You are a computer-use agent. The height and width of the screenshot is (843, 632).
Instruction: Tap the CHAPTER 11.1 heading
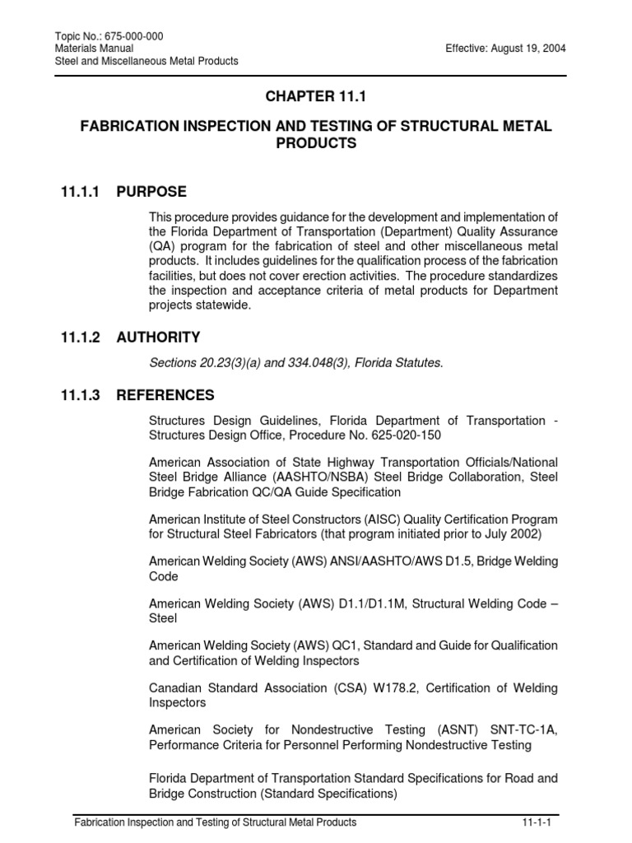pos(314,97)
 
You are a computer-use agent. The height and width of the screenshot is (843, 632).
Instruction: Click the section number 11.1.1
pos(80,192)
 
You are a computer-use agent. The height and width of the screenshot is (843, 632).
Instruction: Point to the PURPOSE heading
pos(151,192)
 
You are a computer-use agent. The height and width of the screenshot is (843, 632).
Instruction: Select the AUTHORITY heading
pos(158,338)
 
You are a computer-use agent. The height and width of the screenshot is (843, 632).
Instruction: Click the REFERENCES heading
pos(165,395)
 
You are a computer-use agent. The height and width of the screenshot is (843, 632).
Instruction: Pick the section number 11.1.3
pos(80,395)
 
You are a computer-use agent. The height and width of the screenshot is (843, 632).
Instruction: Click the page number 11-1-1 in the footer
pos(536,822)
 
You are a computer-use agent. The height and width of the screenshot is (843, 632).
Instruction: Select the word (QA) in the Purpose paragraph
pos(162,247)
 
